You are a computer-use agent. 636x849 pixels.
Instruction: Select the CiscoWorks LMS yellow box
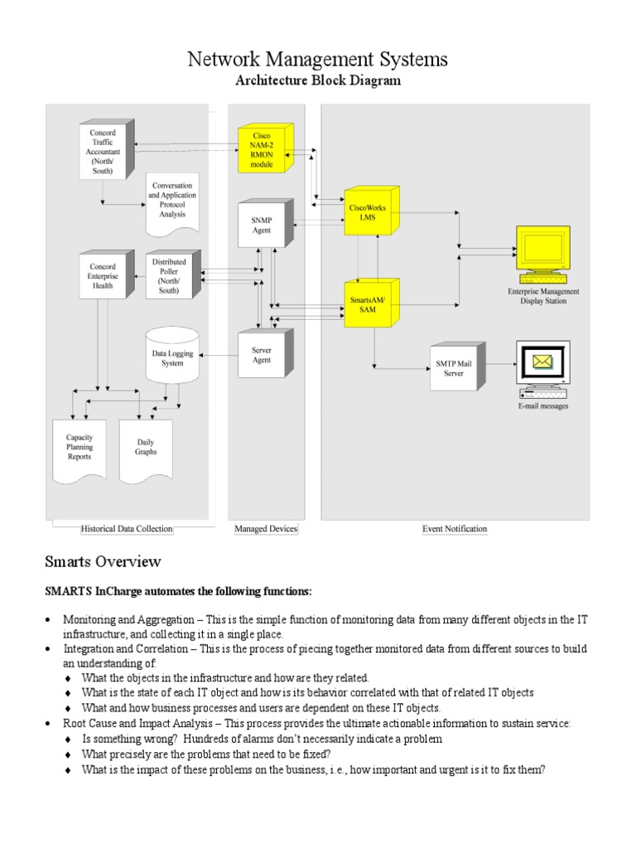pyautogui.click(x=371, y=211)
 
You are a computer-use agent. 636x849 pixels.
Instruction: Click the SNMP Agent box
pyautogui.click(x=262, y=225)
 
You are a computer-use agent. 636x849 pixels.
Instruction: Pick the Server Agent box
pyautogui.click(x=262, y=355)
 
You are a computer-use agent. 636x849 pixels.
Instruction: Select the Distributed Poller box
pyautogui.click(x=169, y=276)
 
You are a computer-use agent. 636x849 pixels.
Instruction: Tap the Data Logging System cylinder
pyautogui.click(x=172, y=357)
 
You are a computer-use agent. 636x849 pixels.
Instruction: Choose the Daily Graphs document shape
pyautogui.click(x=146, y=448)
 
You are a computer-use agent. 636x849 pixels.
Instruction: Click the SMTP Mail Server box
pyautogui.click(x=454, y=367)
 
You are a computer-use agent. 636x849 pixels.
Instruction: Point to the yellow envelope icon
pyautogui.click(x=542, y=361)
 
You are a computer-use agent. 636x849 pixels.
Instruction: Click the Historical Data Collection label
pyautogui.click(x=127, y=528)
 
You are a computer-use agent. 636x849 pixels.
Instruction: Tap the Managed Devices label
pyautogui.click(x=266, y=528)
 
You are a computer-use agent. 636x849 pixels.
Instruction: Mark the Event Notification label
pyautogui.click(x=455, y=528)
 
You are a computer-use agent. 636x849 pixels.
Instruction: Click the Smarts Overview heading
pyautogui.click(x=103, y=562)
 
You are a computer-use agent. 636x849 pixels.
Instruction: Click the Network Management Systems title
pyautogui.click(x=317, y=59)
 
